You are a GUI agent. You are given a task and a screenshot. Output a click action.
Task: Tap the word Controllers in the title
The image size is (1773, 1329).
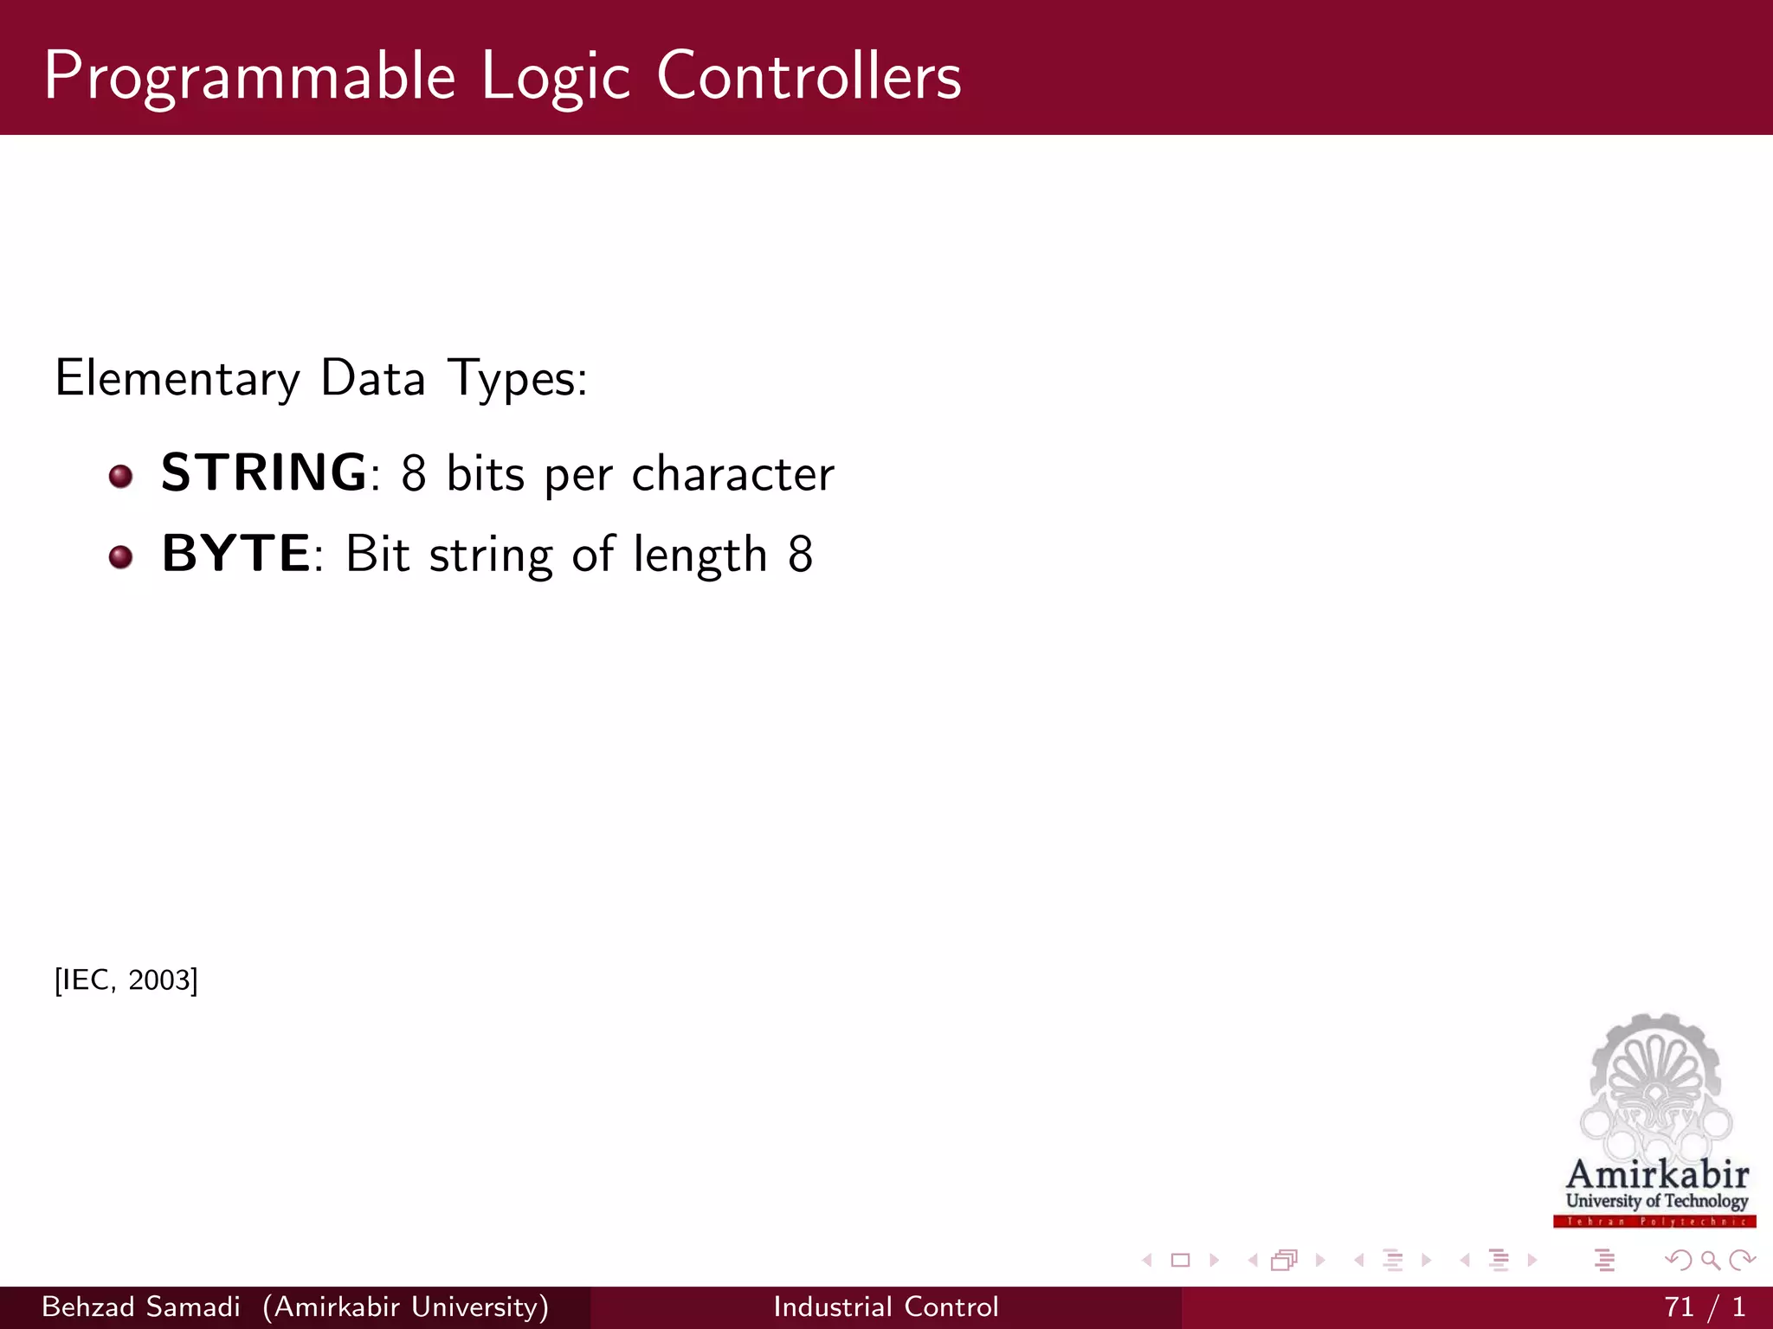point(809,76)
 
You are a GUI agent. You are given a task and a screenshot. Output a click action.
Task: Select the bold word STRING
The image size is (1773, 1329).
point(265,472)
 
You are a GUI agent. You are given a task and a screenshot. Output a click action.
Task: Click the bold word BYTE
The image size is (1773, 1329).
point(235,554)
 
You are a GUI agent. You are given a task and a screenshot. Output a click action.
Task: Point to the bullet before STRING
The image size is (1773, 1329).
point(121,476)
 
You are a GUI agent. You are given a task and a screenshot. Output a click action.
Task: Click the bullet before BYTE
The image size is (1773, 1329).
point(121,556)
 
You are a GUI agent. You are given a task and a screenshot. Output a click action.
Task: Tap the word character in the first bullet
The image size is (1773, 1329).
point(732,474)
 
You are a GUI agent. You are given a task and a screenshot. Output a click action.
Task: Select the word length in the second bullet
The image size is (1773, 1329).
point(700,555)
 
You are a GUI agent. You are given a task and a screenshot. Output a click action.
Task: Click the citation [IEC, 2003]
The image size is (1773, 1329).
point(126,980)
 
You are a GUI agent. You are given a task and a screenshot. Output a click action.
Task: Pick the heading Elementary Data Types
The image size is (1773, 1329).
point(321,379)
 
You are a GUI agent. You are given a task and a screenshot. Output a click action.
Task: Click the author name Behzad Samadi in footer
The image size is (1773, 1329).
point(141,1307)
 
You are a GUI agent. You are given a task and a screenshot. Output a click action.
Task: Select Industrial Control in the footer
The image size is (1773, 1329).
point(886,1307)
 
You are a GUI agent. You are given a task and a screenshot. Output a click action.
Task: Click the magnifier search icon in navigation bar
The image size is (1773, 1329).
point(1710,1261)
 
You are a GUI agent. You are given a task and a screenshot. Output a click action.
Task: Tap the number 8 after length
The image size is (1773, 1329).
point(800,555)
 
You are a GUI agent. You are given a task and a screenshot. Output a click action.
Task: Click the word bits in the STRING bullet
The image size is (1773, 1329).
point(485,474)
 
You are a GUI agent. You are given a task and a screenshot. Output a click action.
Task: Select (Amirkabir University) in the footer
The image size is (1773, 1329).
point(405,1307)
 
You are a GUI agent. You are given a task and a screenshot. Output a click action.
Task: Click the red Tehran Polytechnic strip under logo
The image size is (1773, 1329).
point(1654,1222)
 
